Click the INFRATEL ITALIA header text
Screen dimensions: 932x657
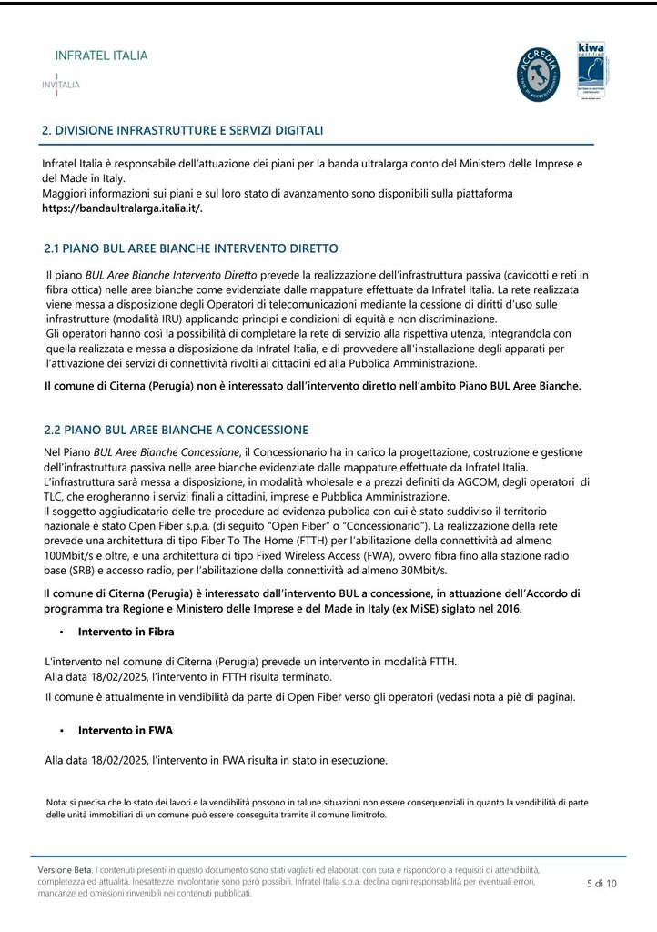[101, 56]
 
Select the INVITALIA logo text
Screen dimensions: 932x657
[61, 85]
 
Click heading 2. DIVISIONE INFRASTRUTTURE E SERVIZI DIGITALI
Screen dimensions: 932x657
[183, 131]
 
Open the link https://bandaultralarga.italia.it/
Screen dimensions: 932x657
[123, 208]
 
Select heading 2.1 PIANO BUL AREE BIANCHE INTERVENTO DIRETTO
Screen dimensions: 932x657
[191, 248]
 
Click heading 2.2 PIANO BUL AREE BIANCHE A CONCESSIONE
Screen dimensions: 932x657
[176, 430]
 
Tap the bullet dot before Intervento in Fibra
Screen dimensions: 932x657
[61, 632]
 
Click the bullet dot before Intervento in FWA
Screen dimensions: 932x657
[61, 731]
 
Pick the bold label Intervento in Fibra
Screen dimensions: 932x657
[126, 631]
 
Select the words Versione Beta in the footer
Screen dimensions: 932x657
[66, 870]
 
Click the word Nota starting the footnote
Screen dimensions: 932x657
[56, 802]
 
